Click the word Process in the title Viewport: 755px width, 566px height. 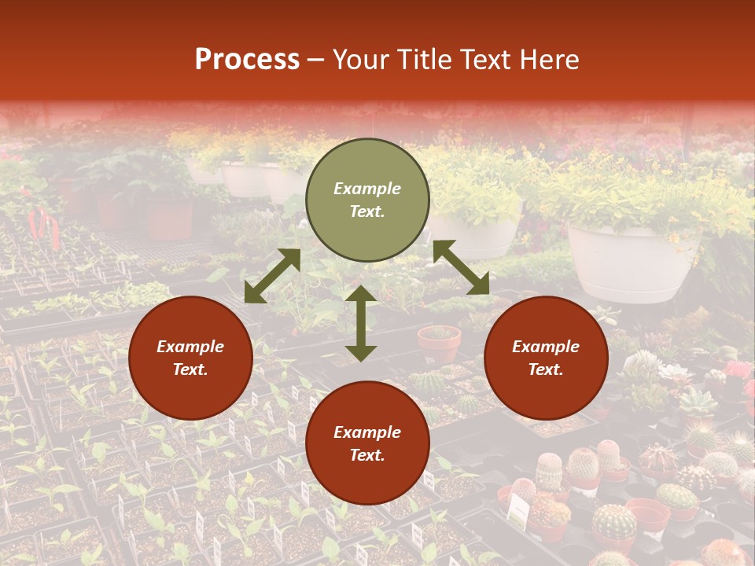coord(247,59)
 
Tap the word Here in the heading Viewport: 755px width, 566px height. coord(549,59)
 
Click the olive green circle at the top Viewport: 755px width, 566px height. coord(367,200)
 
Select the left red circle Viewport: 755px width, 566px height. coord(190,358)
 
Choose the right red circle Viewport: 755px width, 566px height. coord(546,358)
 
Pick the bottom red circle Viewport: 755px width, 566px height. coord(367,443)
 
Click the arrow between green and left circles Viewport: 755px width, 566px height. coord(272,276)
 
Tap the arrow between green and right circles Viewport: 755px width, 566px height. coord(461,267)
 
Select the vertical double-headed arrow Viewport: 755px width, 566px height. coord(361,323)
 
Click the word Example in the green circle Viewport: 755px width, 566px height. coord(367,189)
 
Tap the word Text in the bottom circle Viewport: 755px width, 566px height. coord(367,455)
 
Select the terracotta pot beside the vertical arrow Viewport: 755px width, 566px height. coord(439,344)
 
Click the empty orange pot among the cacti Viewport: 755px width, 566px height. coord(648,514)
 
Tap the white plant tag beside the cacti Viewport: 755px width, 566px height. coord(517,511)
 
